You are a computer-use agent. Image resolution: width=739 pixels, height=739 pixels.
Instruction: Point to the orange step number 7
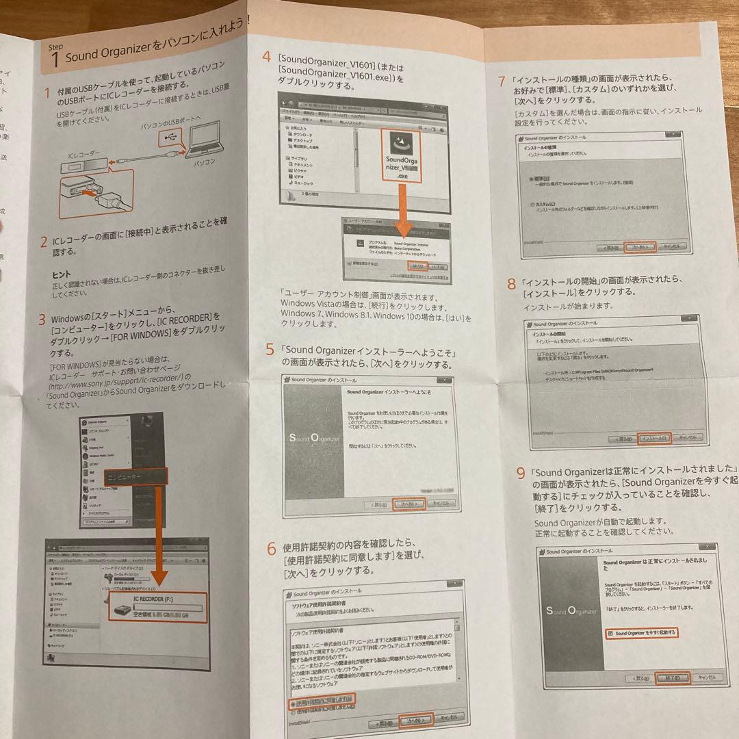pyautogui.click(x=503, y=81)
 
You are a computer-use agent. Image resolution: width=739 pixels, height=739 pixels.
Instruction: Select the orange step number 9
pyautogui.click(x=521, y=473)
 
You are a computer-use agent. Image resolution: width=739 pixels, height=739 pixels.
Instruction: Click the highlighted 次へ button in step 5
pyautogui.click(x=412, y=504)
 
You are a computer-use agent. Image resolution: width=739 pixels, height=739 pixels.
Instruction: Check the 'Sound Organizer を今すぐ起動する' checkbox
pyautogui.click(x=610, y=634)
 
